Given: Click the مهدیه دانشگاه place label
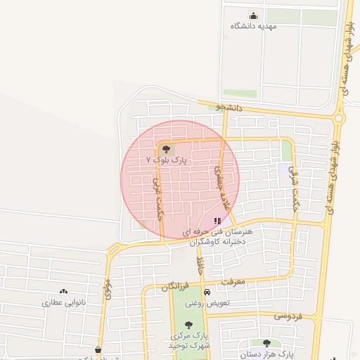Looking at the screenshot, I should (254, 26).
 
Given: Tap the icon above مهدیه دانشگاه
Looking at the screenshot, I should (253, 16).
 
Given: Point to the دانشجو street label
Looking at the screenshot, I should (229, 108).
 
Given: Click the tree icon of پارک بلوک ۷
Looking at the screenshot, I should (167, 149).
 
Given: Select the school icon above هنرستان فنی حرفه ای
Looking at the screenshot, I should (217, 221).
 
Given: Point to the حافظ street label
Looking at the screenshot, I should (200, 266).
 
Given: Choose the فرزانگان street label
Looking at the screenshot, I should (174, 288).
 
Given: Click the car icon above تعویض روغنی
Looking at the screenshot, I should (207, 292).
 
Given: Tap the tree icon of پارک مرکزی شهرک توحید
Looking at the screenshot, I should (188, 324).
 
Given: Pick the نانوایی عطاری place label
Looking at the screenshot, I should (64, 302).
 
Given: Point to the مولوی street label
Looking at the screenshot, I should (108, 289).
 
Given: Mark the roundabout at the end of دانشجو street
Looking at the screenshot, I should (339, 118).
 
